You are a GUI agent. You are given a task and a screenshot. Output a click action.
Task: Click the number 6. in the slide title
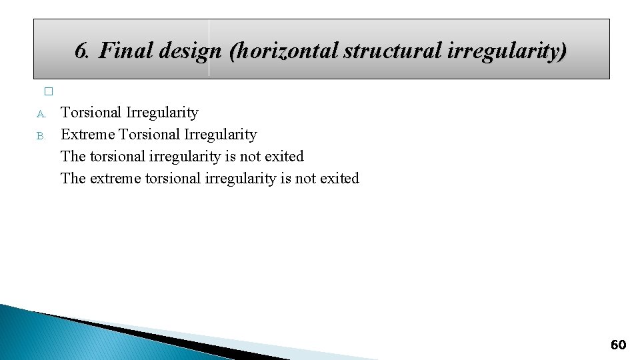83,51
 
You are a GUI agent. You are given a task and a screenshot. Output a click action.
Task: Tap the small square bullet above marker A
47,92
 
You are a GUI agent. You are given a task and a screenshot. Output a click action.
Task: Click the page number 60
618,345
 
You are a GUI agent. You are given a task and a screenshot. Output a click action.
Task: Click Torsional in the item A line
90,113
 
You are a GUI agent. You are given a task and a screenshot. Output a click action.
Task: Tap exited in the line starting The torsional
283,157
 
